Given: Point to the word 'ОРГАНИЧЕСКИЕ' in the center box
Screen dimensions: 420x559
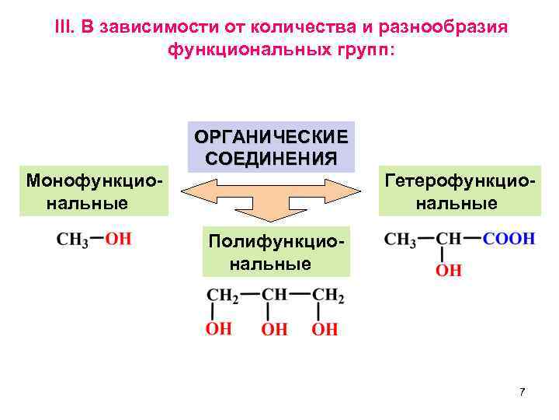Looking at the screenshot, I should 271,138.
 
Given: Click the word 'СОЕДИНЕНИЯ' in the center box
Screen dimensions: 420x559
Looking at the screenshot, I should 271,158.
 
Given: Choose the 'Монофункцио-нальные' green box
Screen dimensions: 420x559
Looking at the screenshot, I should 95,191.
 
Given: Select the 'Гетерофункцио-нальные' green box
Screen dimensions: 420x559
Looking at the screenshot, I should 460,191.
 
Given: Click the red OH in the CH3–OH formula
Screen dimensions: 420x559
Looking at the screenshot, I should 118,238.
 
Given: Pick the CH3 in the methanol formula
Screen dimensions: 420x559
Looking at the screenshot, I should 72,239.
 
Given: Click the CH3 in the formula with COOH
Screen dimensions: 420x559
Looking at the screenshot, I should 401,239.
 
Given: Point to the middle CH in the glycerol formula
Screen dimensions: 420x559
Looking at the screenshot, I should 274,296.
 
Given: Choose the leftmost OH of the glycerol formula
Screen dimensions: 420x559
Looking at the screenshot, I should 219,329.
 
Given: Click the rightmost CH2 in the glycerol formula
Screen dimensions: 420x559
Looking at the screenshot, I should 328,296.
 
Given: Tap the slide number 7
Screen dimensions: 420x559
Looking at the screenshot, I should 523,392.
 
